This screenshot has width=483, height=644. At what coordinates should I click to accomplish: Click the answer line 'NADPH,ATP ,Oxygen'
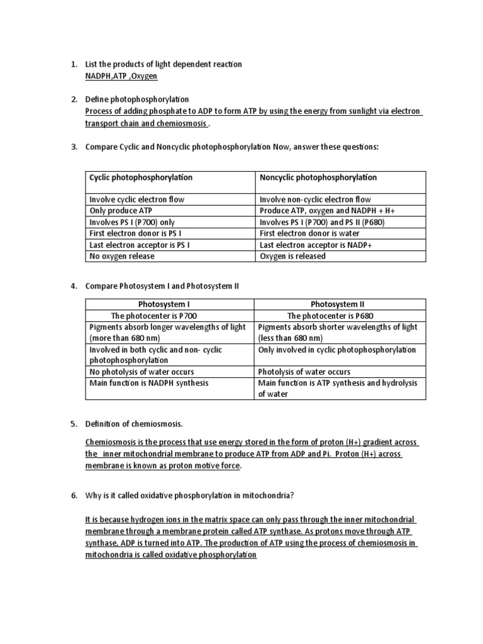tap(121, 76)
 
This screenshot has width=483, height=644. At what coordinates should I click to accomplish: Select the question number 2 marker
tap(74, 100)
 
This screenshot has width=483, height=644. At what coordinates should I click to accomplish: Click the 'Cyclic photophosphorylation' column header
tap(141, 177)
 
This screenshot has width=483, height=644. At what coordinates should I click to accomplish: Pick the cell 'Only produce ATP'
tap(121, 211)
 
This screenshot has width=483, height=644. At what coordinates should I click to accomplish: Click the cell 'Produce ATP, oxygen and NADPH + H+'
tap(327, 211)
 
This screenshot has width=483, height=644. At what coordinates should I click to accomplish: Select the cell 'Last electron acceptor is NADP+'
tap(316, 245)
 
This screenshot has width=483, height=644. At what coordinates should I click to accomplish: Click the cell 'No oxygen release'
tap(122, 256)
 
